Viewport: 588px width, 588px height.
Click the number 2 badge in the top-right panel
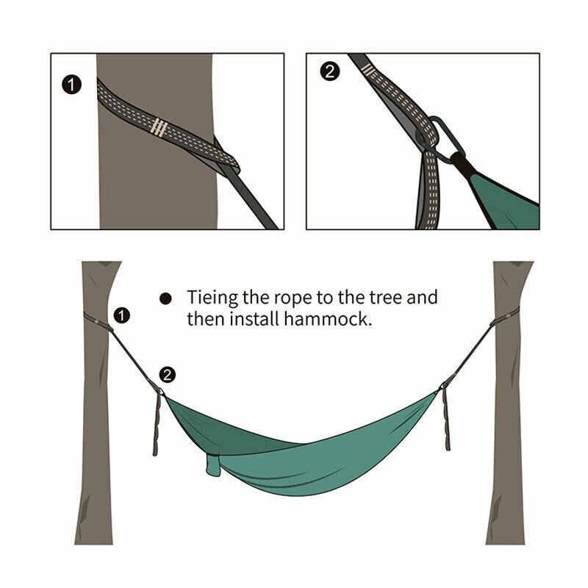point(331,71)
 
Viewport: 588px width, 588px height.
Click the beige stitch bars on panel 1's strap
point(158,126)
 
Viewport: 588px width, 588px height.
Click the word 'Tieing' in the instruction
point(211,298)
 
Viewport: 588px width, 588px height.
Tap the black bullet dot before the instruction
point(166,298)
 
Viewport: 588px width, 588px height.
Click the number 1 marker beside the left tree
point(123,315)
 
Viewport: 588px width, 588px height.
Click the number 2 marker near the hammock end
point(167,375)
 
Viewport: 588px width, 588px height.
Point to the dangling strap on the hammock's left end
point(157,423)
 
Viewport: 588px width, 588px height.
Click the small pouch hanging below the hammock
point(213,465)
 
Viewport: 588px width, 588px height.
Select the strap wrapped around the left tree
point(94,319)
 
